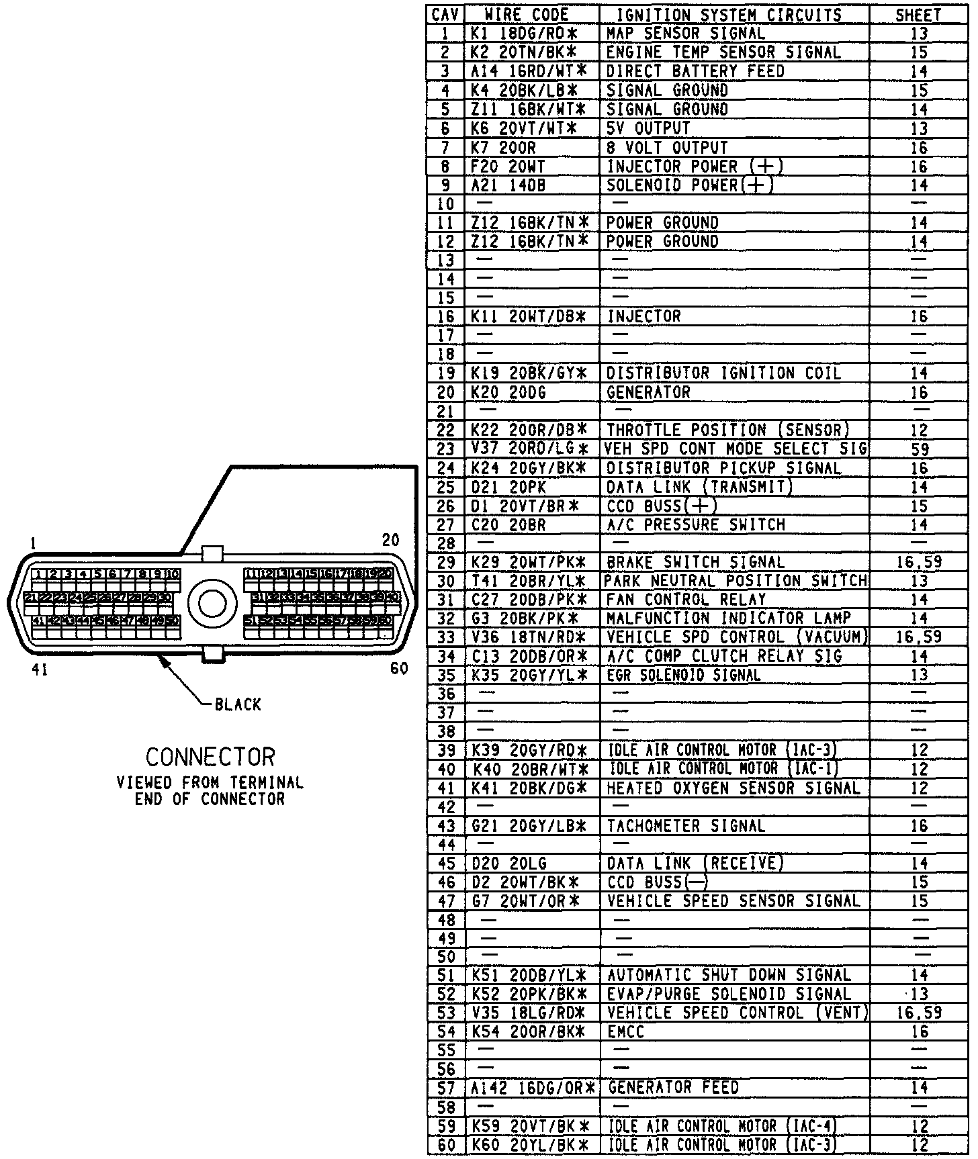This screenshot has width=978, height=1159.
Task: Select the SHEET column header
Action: [x=918, y=15]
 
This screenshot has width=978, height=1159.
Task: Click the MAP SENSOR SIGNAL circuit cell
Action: [x=685, y=33]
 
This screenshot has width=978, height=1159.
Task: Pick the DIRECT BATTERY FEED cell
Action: [x=695, y=71]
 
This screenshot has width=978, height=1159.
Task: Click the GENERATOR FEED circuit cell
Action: [x=673, y=1087]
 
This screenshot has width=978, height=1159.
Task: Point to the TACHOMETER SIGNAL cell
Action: [x=686, y=826]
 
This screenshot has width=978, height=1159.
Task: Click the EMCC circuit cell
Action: [x=625, y=1031]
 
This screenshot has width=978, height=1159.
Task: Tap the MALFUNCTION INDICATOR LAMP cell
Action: [x=729, y=618]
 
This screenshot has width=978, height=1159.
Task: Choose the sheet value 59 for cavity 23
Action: [x=919, y=449]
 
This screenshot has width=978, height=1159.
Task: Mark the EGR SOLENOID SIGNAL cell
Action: [x=684, y=675]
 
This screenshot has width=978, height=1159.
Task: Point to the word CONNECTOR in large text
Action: [x=210, y=757]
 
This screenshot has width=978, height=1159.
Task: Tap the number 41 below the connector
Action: [x=40, y=669]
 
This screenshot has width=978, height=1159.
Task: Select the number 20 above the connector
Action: [x=390, y=540]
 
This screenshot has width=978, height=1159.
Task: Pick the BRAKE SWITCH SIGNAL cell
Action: [x=695, y=562]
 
